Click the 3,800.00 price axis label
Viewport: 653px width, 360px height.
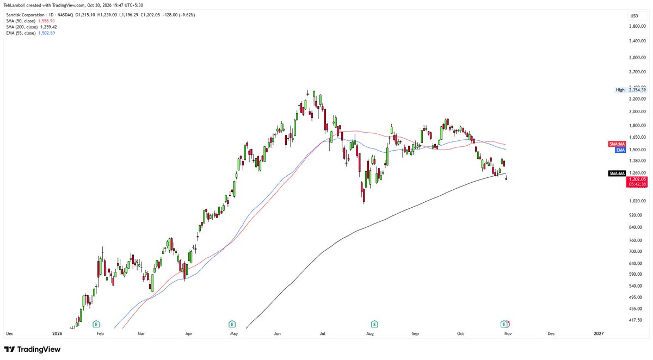(638, 26)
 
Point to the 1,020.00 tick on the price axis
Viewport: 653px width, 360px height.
(638, 201)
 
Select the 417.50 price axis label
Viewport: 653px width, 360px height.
(639, 320)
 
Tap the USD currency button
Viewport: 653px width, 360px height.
(634, 16)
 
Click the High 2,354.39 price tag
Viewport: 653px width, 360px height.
(631, 90)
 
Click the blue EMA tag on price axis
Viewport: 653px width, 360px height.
(620, 150)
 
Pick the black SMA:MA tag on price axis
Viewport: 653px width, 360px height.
(617, 173)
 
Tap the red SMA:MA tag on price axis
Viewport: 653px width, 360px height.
(617, 144)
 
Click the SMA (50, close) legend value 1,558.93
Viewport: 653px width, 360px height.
(46, 21)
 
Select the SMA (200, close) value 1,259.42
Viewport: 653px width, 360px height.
(48, 27)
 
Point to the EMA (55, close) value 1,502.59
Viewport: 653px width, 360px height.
(47, 33)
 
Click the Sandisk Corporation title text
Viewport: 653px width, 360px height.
(26, 15)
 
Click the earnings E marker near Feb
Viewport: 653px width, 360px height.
(96, 324)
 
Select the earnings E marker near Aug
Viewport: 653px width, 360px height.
(374, 324)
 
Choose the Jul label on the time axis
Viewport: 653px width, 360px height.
(322, 333)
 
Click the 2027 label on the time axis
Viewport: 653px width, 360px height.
(599, 333)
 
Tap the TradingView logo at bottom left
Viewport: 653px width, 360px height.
(32, 349)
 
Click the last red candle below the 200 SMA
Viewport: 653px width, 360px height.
(507, 178)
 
